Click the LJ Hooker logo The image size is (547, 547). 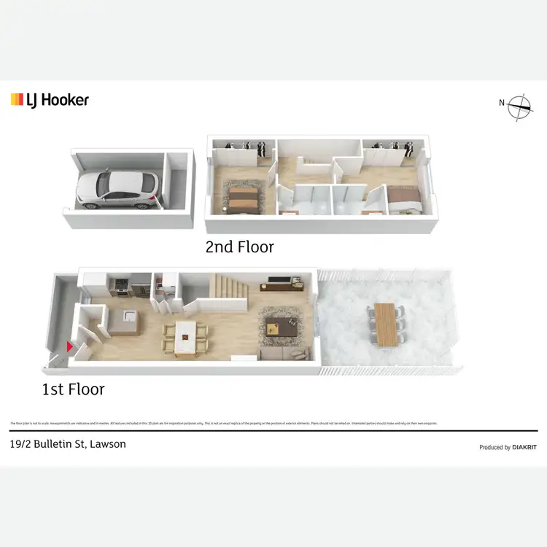point(50,100)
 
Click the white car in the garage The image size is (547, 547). point(117,190)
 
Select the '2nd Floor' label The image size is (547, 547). point(239,247)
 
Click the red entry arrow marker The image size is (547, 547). point(70,347)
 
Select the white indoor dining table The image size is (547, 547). point(187,338)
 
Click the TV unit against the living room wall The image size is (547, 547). point(282,279)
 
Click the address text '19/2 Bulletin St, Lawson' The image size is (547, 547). point(68,443)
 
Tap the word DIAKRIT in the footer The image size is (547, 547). point(524,447)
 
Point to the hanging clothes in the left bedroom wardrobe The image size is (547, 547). point(244,146)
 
